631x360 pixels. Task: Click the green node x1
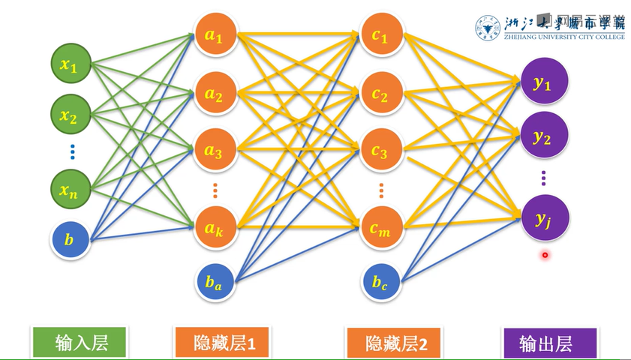(69, 66)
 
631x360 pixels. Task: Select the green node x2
(69, 116)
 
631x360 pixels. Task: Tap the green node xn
(69, 190)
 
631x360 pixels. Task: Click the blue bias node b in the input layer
(69, 241)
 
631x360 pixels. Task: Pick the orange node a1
(214, 36)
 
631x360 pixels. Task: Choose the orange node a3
(214, 150)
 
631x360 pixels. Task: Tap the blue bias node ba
(214, 282)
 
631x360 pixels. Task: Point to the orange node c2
(380, 95)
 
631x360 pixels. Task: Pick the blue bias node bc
(380, 282)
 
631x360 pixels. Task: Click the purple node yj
(543, 217)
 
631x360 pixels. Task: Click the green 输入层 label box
(82, 343)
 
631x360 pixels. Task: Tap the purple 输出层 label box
(549, 343)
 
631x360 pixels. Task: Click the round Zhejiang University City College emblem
(488, 27)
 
